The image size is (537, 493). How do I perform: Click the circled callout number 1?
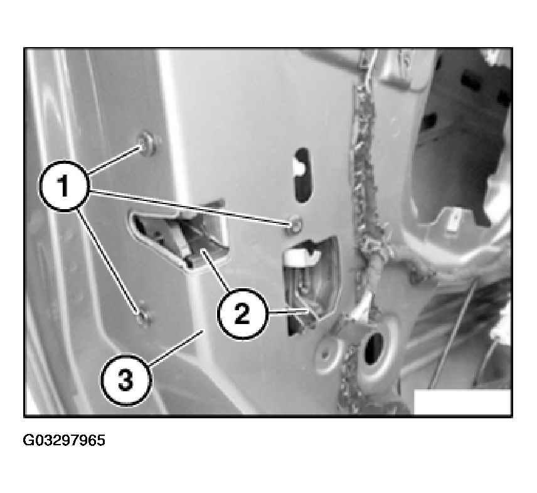point(65,186)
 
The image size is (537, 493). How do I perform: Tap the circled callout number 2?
point(242,314)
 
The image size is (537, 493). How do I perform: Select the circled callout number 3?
point(126,380)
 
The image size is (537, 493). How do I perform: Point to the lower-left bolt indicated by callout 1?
point(144,318)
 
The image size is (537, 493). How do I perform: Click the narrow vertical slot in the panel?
point(302,175)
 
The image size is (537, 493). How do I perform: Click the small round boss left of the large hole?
point(326,355)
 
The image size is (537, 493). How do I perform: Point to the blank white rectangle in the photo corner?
point(462,401)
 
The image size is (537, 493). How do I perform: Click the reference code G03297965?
point(64,440)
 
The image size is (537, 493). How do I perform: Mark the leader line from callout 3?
point(177,347)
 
